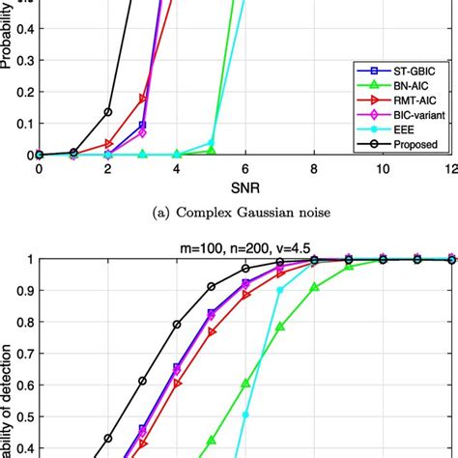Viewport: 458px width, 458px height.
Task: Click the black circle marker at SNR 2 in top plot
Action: pos(108,112)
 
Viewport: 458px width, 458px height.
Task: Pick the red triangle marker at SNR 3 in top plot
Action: pos(143,99)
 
